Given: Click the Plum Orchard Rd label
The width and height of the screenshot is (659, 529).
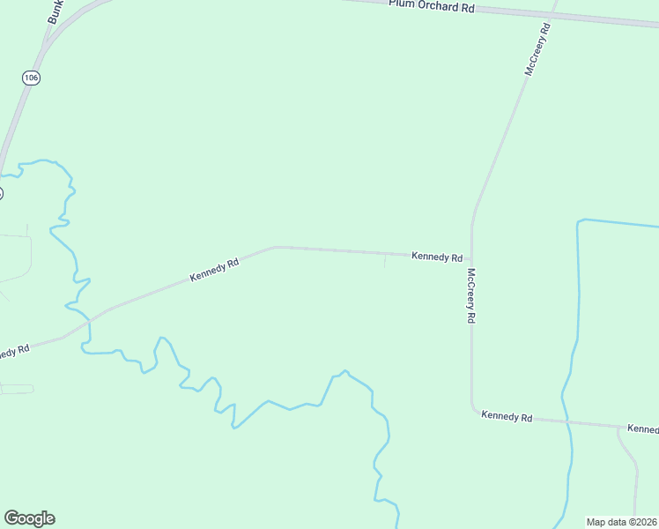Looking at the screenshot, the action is coord(432,6).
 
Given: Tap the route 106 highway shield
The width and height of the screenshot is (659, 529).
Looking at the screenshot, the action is coord(32,78).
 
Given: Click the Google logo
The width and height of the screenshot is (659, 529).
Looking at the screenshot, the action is coord(29,518).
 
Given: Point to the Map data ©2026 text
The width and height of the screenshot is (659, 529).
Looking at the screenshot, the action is coord(621,522).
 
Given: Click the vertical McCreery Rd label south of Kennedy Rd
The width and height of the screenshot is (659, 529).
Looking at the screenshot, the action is coord(472,295).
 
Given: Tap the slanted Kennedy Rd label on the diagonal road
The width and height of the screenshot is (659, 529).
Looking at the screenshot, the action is coord(214,270).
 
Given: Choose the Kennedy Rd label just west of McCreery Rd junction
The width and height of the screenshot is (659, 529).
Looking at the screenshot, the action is coord(437,257).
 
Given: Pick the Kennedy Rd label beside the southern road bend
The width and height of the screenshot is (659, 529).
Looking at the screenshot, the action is coord(507,416).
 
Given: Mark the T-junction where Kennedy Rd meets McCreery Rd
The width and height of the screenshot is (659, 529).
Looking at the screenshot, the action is coord(471,257).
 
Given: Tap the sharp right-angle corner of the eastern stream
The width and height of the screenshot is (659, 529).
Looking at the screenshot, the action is coord(579,220).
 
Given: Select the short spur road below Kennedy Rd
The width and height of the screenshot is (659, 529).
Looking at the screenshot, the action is coord(384,261).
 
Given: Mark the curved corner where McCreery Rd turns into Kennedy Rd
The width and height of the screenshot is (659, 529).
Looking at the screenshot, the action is coord(474,411).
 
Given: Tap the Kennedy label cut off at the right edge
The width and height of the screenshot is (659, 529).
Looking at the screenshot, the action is coord(643,429).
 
